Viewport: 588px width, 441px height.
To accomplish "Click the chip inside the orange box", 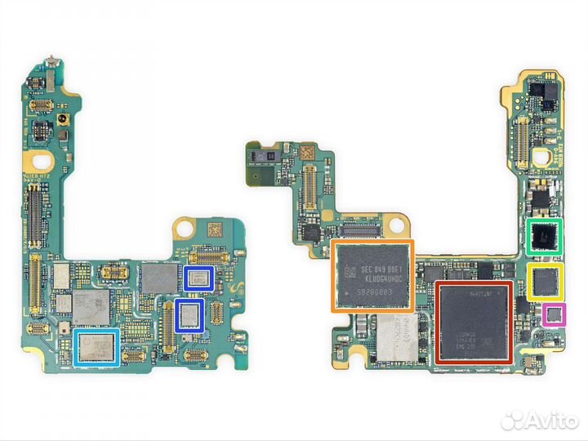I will click(x=372, y=276).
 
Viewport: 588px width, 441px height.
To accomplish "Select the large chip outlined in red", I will click(x=474, y=322).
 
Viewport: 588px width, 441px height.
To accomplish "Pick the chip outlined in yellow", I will click(x=545, y=281).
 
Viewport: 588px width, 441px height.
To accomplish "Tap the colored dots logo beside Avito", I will click(x=512, y=420).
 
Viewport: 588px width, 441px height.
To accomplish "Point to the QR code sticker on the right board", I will click(x=305, y=153).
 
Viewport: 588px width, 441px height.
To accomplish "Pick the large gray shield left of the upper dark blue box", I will click(x=158, y=277).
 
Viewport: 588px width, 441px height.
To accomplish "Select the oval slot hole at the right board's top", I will click(x=539, y=156).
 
